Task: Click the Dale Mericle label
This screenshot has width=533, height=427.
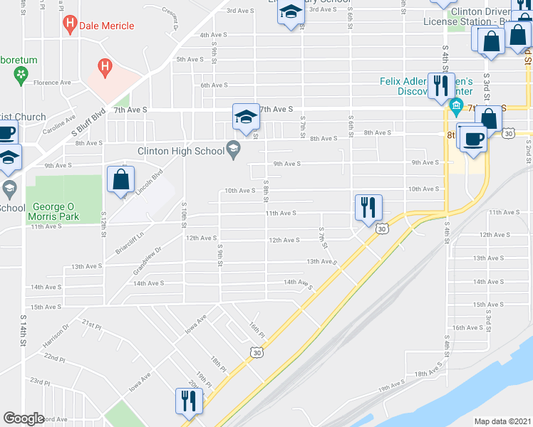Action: [x=108, y=26]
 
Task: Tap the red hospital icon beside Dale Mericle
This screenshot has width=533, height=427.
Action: [x=71, y=26]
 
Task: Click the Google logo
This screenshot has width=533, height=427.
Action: [x=24, y=418]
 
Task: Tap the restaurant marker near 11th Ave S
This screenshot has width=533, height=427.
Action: [x=368, y=208]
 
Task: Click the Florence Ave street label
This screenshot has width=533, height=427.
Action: [x=52, y=83]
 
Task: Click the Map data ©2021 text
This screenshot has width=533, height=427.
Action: [x=502, y=421]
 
